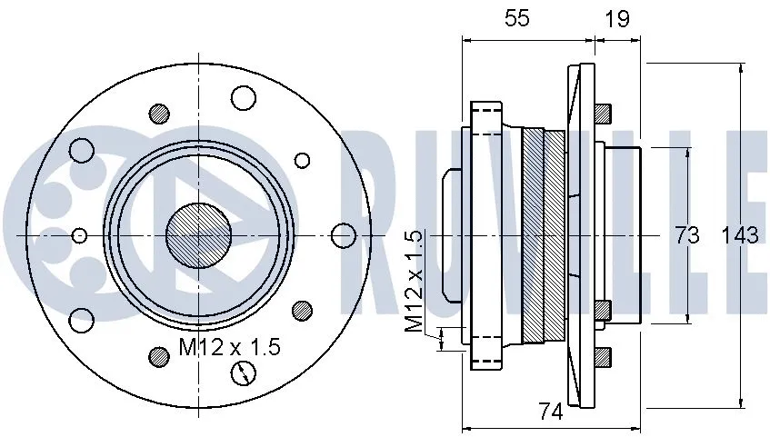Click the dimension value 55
coord(517,19)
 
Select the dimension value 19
coord(617,19)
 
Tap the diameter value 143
coord(739,235)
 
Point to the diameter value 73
coord(687,235)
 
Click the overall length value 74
coord(549,412)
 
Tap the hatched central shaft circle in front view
coord(198,234)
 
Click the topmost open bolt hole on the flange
coord(244,96)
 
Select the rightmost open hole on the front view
coord(343,235)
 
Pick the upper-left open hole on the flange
coord(83,150)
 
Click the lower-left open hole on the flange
coord(83,319)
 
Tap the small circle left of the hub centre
coord(79,235)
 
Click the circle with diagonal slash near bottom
coord(244,372)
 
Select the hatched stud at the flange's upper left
coord(160,114)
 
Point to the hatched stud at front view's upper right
coord(303,160)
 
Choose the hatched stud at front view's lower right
coord(303,310)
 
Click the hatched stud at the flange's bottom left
coord(160,356)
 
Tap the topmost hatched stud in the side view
coord(602,114)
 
